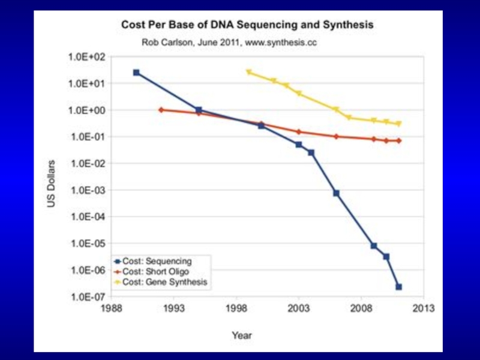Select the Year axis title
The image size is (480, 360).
[x=242, y=335]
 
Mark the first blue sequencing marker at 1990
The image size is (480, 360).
[x=136, y=73]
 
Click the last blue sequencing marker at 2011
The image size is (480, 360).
[x=398, y=287]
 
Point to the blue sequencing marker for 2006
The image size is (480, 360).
[x=336, y=193]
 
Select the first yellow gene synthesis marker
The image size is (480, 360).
[x=248, y=73]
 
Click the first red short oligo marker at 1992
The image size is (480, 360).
[x=161, y=110]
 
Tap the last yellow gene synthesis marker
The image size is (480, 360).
[x=398, y=124]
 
